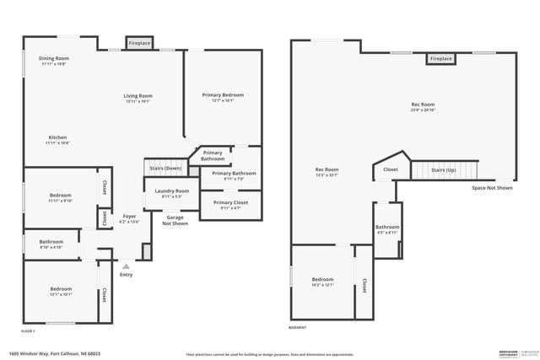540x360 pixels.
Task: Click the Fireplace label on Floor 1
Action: coord(139,42)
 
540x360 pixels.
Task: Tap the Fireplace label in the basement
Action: coord(440,59)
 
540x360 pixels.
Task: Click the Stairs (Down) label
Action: coord(165,168)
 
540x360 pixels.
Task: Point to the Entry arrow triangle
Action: coord(126,266)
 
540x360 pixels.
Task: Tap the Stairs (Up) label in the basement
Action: coord(444,169)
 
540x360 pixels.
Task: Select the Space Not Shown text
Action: coord(492,188)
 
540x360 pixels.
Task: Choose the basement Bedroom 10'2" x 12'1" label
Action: coord(323,282)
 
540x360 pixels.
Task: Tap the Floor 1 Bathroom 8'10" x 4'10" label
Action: coord(51,244)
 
